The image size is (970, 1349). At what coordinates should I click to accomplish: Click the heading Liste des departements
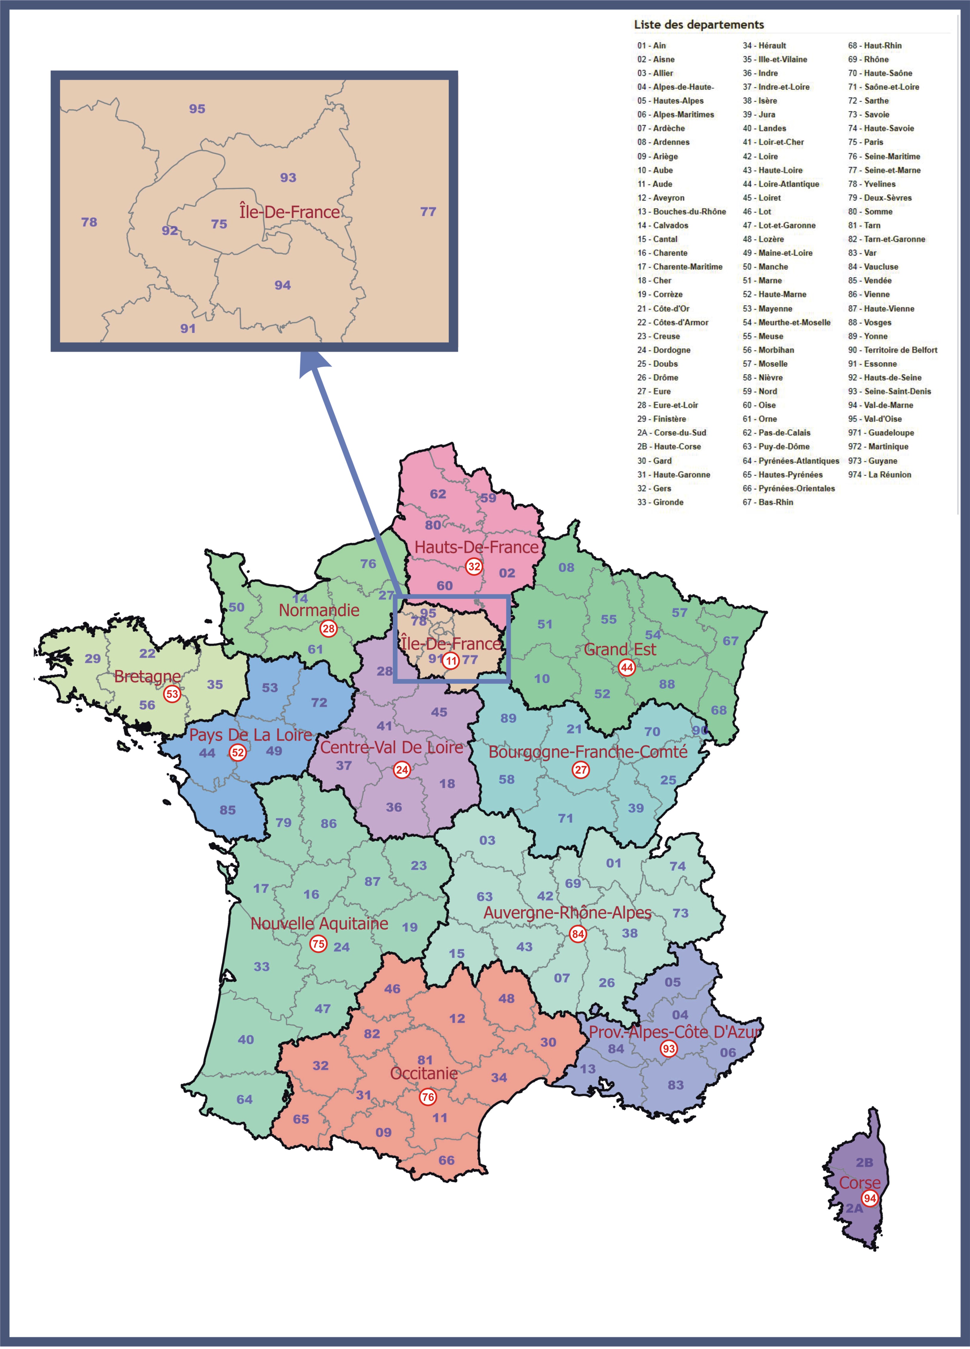[x=699, y=24]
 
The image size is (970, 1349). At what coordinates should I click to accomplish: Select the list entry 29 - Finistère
[x=661, y=419]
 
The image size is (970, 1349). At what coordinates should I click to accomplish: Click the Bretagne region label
[x=147, y=676]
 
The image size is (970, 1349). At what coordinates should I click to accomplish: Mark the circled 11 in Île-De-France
[x=451, y=660]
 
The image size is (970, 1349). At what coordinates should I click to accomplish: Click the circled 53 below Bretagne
[x=172, y=694]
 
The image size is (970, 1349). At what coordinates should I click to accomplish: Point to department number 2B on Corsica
[x=864, y=1162]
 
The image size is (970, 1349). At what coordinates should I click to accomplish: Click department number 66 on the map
[x=446, y=1160]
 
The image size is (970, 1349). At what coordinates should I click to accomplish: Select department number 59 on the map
[x=488, y=498]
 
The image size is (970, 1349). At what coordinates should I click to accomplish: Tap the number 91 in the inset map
[x=188, y=328]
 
